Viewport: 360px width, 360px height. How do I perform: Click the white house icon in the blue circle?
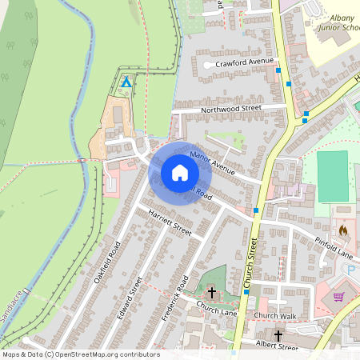tap(180, 172)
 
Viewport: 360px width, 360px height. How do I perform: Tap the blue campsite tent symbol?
tap(126, 82)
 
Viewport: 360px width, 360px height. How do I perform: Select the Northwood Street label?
tap(231, 107)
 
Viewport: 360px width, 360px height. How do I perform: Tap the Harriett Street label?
tap(166, 222)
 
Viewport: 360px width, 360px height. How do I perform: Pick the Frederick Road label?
tap(174, 298)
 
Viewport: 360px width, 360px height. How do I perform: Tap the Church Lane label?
tap(216, 308)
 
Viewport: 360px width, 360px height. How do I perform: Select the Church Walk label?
tap(275, 316)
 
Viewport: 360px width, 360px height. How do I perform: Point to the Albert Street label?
tap(277, 345)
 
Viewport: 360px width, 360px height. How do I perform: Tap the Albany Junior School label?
tap(336, 22)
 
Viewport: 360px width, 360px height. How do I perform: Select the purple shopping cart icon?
tap(338, 297)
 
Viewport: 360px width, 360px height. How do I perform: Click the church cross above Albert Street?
tap(278, 335)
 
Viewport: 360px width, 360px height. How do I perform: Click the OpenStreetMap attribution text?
tap(80, 354)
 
